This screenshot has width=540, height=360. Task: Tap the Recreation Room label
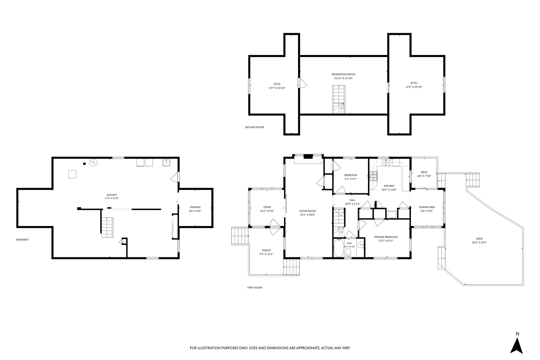tap(343, 74)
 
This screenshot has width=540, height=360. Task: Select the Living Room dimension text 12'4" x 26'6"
tap(307, 215)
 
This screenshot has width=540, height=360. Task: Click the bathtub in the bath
tap(339, 248)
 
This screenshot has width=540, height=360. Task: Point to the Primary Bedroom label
tap(386, 237)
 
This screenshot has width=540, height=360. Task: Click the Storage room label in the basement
tap(195, 207)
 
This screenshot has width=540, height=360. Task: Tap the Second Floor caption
tap(254, 127)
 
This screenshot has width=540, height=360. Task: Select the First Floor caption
tap(255, 288)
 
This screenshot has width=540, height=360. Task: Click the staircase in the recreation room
tap(339, 99)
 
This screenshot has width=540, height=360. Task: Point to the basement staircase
tap(107, 227)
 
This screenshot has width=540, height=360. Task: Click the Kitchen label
tap(389, 186)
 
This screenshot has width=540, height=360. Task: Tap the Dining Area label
tap(427, 207)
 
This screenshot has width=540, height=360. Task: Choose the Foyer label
tap(267, 207)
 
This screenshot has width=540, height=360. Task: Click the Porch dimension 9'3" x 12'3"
tap(266, 254)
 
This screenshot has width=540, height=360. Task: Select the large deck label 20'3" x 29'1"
tap(479, 243)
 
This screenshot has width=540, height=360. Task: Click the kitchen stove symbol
tap(373, 176)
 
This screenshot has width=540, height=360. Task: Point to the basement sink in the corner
tap(166, 163)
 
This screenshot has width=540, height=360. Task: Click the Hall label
tap(352, 200)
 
